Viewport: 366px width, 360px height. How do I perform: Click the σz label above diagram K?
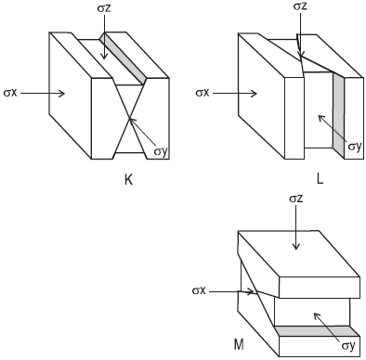coord(104,8)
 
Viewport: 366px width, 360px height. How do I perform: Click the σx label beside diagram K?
coord(10,93)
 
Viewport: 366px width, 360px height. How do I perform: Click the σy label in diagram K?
coord(161,151)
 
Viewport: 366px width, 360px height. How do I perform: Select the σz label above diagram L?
coord(300,6)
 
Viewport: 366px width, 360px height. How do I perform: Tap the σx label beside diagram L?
coord(203,93)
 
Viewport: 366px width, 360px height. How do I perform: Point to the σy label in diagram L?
coord(355,146)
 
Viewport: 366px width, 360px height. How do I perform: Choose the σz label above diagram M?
coord(296,199)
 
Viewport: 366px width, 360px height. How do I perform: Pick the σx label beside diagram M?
coord(199,290)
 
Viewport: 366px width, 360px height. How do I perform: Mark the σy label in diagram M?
coord(348,345)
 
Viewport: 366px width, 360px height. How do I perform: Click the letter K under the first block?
coord(128,180)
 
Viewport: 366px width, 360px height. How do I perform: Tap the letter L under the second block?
coord(320,179)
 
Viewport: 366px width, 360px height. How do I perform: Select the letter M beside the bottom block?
coord(239,344)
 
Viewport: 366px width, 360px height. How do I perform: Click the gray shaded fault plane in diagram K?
coord(123,58)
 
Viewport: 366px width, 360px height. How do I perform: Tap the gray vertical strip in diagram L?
coord(339,115)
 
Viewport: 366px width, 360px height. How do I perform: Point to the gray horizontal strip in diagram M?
coord(317,331)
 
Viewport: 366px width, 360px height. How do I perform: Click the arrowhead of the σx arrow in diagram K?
coord(64,93)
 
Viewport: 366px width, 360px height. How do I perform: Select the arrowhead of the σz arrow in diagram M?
coord(296,248)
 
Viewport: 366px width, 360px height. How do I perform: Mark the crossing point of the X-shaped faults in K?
coord(129,119)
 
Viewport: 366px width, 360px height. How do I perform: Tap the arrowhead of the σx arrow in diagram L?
coord(256,94)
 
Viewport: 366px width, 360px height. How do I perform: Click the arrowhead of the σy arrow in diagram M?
coord(315,315)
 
